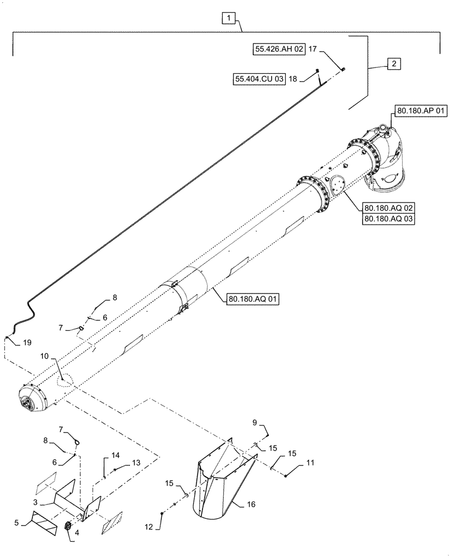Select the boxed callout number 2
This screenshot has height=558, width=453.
click(x=393, y=64)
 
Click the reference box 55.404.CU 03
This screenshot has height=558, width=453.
click(x=259, y=79)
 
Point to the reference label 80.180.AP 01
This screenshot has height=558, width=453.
click(x=421, y=112)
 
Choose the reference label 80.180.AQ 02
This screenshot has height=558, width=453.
click(x=388, y=208)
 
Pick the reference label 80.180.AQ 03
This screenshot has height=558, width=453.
click(x=388, y=219)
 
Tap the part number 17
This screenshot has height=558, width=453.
click(x=312, y=50)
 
